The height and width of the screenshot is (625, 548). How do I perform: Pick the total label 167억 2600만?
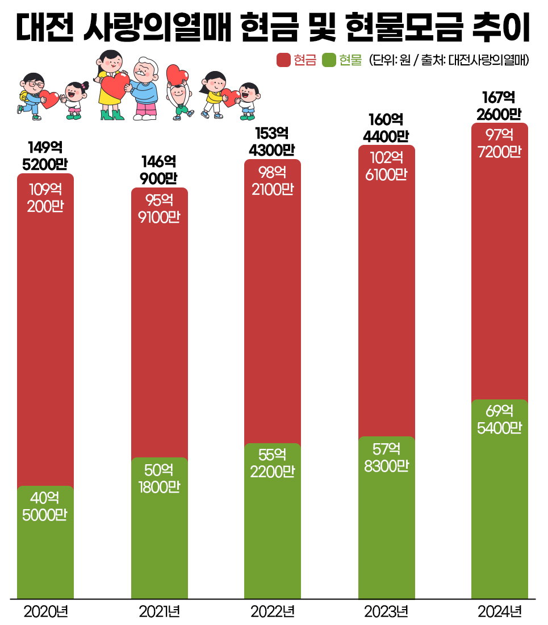point(500,106)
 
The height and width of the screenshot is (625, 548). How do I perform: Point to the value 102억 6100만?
point(386,166)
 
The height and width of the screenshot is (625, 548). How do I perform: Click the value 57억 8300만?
point(386,457)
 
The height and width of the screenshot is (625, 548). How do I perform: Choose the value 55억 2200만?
point(273,463)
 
